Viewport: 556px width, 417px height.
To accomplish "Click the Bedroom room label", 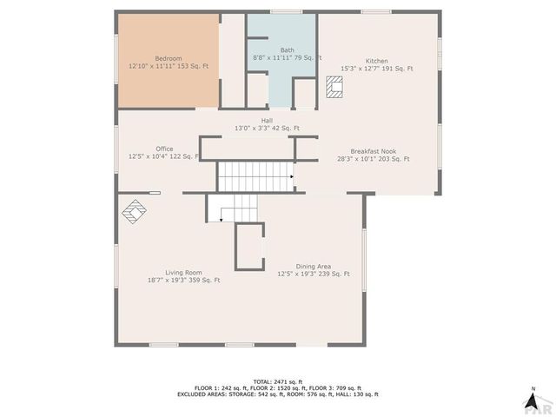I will (x=168, y=57).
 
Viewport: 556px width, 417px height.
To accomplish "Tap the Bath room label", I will (x=288, y=50).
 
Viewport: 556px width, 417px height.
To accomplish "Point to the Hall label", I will (x=268, y=121).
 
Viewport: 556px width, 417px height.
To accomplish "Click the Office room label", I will (x=164, y=149).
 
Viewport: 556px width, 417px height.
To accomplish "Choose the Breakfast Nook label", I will (x=373, y=150).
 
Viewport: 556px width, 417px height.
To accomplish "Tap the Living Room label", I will (x=183, y=272).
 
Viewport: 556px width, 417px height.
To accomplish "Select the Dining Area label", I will (x=313, y=266).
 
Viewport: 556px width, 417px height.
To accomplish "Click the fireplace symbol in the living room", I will (x=136, y=210).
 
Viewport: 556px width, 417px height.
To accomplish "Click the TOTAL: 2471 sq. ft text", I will (x=277, y=381).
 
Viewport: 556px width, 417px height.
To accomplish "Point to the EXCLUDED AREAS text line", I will (x=277, y=394).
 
